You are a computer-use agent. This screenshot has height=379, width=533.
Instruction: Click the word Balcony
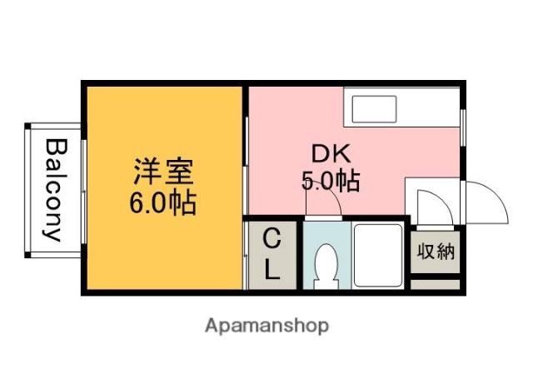tap(54, 189)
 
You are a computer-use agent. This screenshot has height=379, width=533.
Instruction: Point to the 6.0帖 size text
tap(163, 202)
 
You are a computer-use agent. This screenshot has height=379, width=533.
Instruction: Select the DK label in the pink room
tap(332, 153)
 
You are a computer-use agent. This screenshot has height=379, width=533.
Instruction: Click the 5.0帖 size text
tap(331, 181)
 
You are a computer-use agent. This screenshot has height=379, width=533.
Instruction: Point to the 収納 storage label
tap(436, 251)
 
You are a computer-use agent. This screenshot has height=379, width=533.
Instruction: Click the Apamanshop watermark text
tap(266, 325)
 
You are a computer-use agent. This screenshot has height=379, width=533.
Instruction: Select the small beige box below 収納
tap(436, 284)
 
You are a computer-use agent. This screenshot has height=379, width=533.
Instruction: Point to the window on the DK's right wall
tap(462, 129)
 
